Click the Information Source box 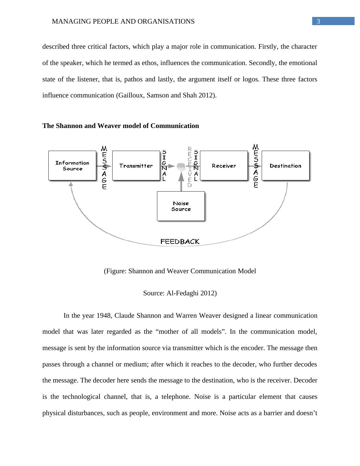(x=72, y=166)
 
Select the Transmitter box (x=136, y=166)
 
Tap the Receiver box (x=224, y=166)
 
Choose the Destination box (x=285, y=166)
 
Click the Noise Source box (x=181, y=206)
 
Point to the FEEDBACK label (x=180, y=241)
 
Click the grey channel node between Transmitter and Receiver (x=181, y=166)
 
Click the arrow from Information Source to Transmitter (x=104, y=166)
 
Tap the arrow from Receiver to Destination (x=254, y=166)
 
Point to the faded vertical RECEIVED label (x=190, y=167)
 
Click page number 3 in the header (x=318, y=21)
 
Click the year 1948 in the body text (x=104, y=316)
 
